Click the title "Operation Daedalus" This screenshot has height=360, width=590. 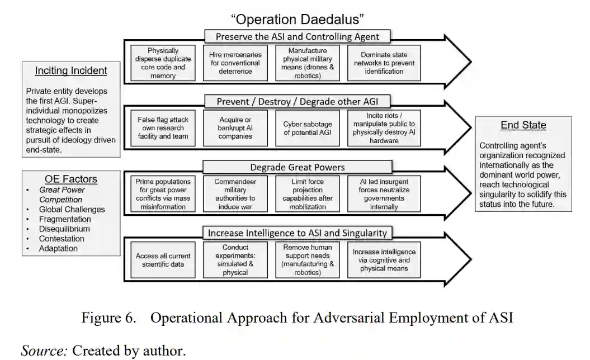297,19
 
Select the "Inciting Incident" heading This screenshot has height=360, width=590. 71,70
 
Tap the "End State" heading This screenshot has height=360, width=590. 523,125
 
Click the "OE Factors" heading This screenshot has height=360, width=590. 71,179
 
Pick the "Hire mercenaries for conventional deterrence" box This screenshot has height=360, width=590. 235,63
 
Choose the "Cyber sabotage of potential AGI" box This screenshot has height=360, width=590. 308,128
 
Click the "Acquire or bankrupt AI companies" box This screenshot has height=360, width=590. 235,128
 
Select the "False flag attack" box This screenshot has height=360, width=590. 163,128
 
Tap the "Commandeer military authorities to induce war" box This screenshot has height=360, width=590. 235,194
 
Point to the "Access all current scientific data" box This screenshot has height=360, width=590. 163,260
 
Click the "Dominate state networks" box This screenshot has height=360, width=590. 384,63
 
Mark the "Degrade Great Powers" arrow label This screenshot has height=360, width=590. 297,167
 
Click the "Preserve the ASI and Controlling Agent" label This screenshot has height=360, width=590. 297,37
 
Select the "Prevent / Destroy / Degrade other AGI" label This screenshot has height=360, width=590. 297,101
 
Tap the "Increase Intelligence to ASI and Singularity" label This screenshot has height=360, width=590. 297,233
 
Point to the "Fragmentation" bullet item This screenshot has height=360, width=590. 65,219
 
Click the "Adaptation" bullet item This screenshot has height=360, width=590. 58,248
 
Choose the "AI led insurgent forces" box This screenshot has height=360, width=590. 384,194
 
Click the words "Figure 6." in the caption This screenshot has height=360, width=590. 108,318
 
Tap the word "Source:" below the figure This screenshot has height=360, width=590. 44,350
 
